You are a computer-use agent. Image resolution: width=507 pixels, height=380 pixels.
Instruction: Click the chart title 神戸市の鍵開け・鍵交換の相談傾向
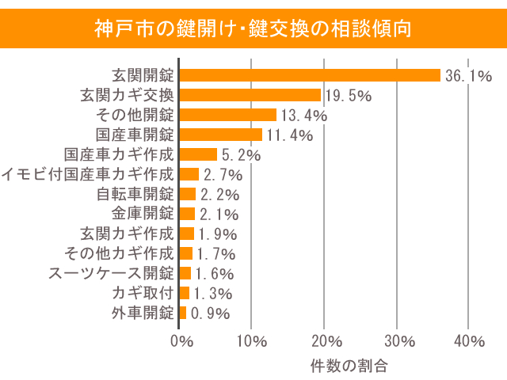(x=253, y=29)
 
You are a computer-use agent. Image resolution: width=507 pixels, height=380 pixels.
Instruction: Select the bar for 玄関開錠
(x=310, y=75)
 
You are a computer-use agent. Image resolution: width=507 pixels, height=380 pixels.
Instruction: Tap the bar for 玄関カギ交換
(x=250, y=95)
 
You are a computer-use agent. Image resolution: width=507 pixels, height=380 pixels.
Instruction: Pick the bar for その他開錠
(x=228, y=115)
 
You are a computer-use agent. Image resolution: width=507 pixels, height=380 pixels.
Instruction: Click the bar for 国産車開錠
(x=221, y=135)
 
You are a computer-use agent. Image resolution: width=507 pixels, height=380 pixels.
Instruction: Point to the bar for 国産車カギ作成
(x=198, y=154)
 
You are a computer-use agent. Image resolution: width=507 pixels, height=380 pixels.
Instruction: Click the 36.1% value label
(x=468, y=76)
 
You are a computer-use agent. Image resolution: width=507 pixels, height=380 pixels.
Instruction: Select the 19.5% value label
(x=349, y=96)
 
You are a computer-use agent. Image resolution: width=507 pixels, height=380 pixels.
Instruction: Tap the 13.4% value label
(x=304, y=116)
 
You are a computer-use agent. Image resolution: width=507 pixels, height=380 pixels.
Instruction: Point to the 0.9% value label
(x=210, y=313)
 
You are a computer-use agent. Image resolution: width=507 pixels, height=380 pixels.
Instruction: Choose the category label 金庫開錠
(x=143, y=214)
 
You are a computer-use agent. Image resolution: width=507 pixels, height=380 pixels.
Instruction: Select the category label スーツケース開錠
(x=111, y=273)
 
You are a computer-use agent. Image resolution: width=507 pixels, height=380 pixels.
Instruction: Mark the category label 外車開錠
(x=143, y=313)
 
